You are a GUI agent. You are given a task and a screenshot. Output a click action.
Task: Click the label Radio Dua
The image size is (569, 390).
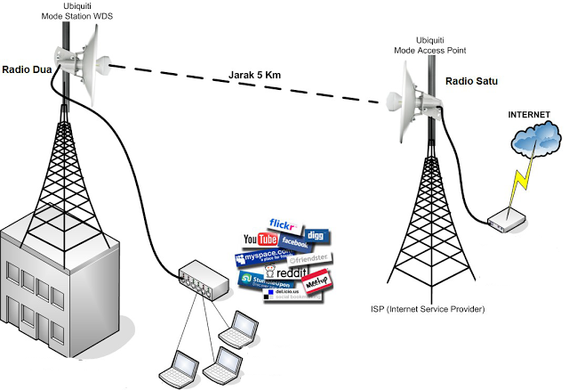click(x=27, y=68)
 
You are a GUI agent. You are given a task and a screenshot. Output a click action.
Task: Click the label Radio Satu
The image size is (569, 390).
click(x=472, y=83)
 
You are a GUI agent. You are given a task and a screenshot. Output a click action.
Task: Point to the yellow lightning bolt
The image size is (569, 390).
click(x=518, y=183)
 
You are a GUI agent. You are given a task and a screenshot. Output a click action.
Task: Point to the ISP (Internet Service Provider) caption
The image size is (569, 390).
click(x=428, y=309)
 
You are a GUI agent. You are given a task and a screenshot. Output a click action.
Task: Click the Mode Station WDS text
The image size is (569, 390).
click(x=74, y=17)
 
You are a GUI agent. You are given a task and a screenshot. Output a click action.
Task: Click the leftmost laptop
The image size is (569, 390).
click(x=174, y=368)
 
